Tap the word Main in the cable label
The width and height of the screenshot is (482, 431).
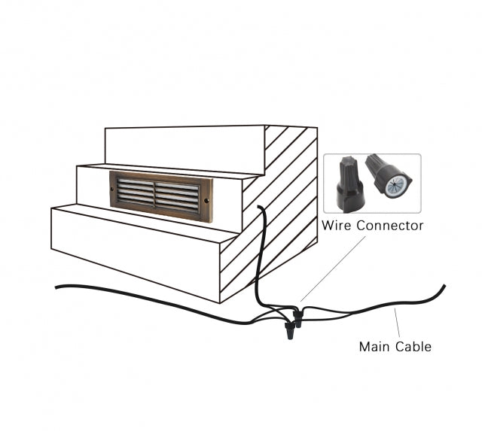[374, 347]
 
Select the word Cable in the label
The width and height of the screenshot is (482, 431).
[415, 347]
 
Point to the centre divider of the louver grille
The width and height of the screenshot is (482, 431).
[155, 193]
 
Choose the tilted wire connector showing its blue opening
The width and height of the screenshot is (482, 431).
[389, 176]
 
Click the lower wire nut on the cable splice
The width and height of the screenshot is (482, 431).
[288, 332]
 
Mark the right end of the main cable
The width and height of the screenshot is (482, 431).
[444, 286]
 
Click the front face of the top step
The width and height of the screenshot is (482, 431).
[185, 147]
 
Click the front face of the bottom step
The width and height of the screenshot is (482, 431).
[136, 248]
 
